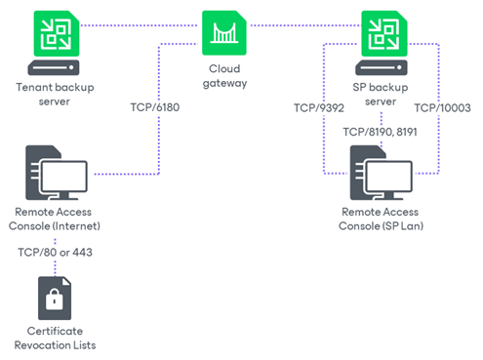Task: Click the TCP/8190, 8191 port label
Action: tap(380, 130)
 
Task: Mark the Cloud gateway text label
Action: tap(223, 76)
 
